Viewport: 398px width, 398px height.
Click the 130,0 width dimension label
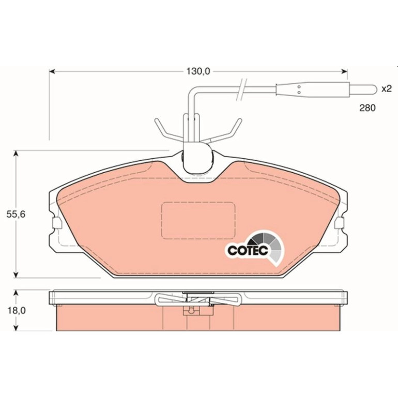point(198,71)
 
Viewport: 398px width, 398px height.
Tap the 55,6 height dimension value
point(16,215)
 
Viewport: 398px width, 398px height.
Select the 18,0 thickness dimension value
point(17,311)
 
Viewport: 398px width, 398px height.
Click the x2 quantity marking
point(387,89)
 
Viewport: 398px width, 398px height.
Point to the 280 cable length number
point(368,108)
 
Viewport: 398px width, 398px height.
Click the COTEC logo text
point(248,251)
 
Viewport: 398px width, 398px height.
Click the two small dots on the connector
point(299,89)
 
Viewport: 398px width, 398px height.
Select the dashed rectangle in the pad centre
point(198,220)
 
